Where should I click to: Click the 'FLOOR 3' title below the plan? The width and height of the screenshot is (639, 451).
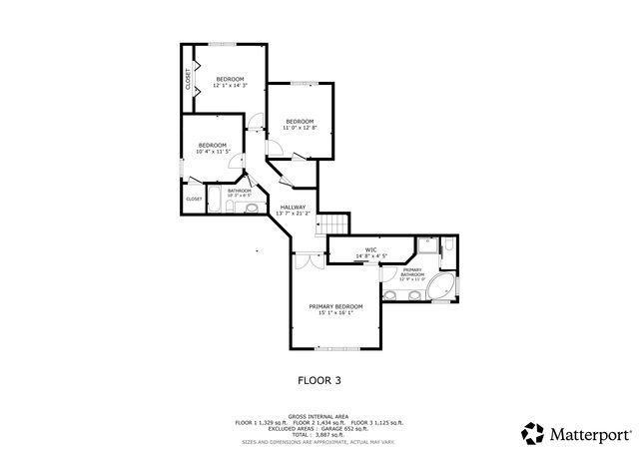coord(319,380)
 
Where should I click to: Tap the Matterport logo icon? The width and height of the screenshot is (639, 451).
coord(532,433)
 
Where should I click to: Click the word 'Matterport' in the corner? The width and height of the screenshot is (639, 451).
coord(587,434)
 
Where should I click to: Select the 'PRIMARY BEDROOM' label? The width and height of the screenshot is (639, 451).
coord(335,306)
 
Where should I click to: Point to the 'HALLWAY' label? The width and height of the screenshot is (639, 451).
coord(293,207)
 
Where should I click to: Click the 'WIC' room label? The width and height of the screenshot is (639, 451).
coord(370,250)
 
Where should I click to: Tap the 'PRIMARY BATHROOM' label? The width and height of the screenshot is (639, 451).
coord(413,272)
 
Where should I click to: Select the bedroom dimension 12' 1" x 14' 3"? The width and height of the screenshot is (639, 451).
coord(231,86)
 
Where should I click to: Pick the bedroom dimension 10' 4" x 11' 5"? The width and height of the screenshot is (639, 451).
coord(212,152)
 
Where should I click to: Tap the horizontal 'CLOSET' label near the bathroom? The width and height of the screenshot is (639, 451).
coord(194,199)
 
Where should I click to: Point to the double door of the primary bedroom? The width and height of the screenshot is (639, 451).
coord(310,257)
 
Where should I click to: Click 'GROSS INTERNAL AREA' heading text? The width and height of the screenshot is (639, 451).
coord(319,415)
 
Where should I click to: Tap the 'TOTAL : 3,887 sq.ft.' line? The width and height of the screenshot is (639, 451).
coord(319,436)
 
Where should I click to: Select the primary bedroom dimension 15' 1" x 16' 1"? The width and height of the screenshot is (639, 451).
coord(335,313)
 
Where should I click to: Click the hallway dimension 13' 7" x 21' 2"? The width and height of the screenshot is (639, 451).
coord(293,214)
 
